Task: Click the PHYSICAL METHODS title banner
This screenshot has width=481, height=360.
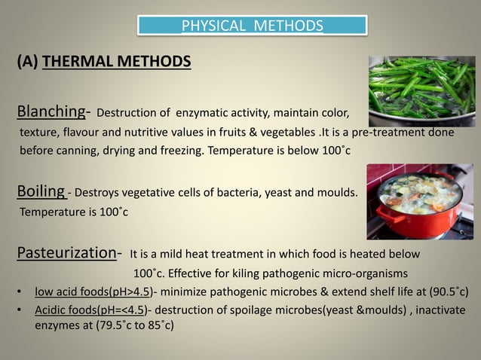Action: (252, 27)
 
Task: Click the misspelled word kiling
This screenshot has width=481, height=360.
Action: (253, 272)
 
